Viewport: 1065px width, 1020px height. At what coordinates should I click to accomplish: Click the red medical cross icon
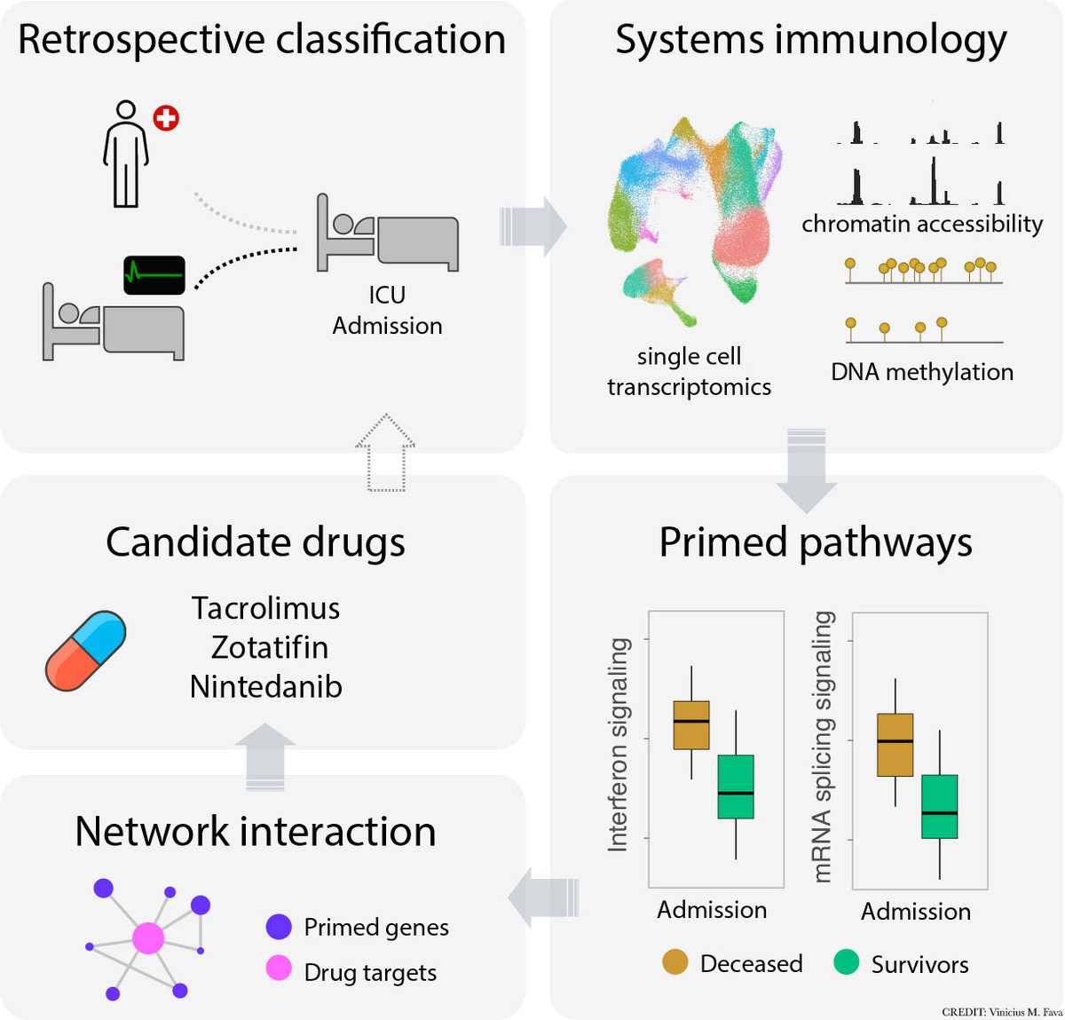tap(166, 117)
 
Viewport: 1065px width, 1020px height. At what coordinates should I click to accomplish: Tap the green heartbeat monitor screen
tap(154, 275)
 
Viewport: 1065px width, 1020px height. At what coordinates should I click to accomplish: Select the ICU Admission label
tap(387, 310)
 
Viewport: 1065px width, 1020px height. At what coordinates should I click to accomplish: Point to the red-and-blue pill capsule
tap(85, 651)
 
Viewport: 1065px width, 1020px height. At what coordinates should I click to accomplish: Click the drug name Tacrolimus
tap(265, 608)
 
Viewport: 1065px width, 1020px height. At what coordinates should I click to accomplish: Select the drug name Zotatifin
tap(269, 647)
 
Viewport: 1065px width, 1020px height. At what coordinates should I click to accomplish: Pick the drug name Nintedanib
tap(265, 686)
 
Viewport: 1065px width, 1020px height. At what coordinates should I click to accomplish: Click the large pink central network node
tap(148, 937)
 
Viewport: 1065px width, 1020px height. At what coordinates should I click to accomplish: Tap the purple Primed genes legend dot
tap(279, 927)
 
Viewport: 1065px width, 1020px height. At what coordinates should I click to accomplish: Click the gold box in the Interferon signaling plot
tap(691, 724)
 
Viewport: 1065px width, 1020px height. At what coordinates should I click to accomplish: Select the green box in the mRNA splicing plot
tap(939, 806)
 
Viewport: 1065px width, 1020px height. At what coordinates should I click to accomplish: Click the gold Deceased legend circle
tap(675, 961)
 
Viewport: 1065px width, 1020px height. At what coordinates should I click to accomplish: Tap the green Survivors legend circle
tap(847, 961)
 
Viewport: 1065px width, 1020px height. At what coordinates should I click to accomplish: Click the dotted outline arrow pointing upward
tap(385, 452)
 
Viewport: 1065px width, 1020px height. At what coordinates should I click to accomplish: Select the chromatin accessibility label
tap(921, 224)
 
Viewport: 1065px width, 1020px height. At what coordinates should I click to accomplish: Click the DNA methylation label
tap(921, 372)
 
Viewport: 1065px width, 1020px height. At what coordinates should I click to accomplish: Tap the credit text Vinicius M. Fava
tap(1001, 1011)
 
